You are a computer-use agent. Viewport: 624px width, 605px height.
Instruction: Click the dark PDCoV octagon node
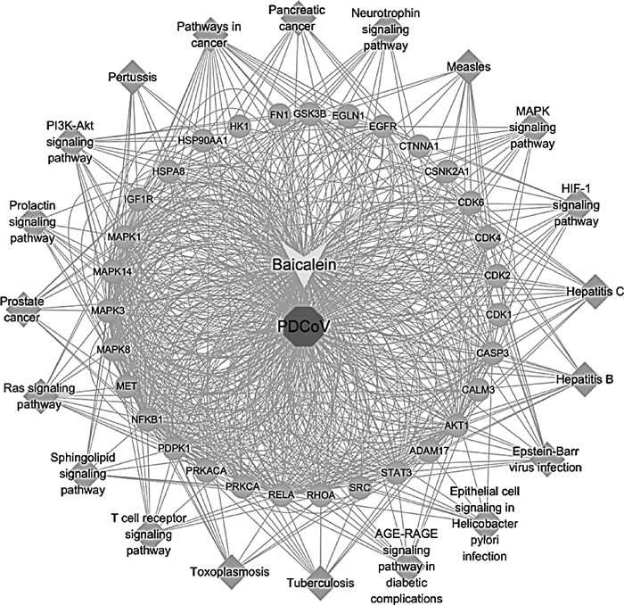(x=303, y=327)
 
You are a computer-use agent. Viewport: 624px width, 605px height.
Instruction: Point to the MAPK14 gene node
(x=111, y=271)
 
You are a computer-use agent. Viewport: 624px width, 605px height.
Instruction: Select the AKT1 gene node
(x=456, y=426)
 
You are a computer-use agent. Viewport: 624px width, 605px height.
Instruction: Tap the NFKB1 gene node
(x=147, y=419)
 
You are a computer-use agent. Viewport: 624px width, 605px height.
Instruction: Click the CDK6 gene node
(x=471, y=202)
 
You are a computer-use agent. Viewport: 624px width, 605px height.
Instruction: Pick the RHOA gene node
(x=320, y=493)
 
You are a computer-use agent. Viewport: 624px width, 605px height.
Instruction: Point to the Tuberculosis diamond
(x=319, y=581)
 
